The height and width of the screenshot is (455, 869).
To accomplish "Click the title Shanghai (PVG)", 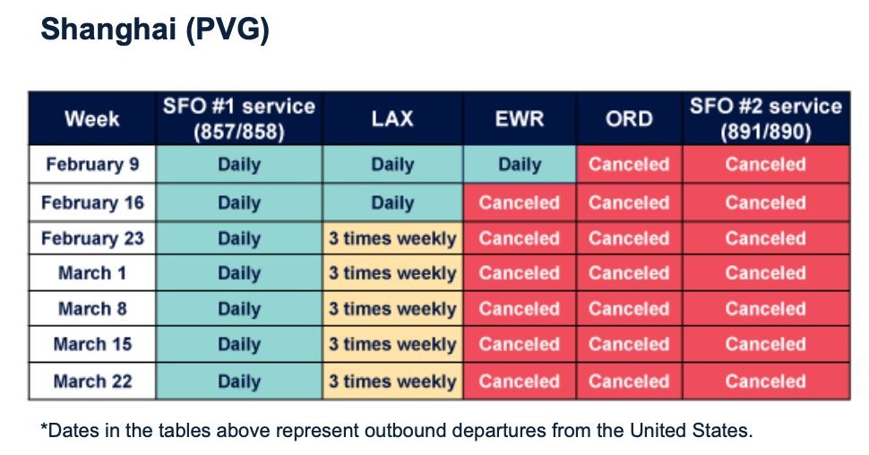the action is coord(155,30).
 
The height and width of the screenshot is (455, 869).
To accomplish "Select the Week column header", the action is coord(92,118).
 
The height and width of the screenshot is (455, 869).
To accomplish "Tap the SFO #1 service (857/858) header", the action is coord(239,118).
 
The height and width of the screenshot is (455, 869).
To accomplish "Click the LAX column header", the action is coord(392,118).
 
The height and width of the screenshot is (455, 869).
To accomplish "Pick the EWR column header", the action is coord(520,118).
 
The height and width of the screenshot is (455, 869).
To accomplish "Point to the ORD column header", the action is coord(629,118).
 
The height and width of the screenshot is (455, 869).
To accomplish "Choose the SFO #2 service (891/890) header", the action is coord(766,118).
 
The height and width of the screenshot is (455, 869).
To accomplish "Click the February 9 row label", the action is coord(92,164).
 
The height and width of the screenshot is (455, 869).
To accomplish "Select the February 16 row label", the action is coord(92,202).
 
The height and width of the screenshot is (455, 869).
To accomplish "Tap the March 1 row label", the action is coord(92,272).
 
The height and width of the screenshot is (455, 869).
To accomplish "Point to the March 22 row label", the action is coord(92,382).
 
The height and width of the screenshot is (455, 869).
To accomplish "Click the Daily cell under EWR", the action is coord(520,164).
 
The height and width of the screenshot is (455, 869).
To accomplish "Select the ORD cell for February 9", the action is coord(629,164).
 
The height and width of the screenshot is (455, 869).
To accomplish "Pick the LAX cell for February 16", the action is coord(392,202).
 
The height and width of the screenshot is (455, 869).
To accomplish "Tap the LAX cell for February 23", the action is coord(392,238).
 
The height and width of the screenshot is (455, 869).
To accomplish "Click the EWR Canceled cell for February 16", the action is coord(520,202).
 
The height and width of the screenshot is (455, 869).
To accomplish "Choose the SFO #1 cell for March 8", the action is coord(239,308).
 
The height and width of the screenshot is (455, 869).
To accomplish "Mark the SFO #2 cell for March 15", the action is coord(766,344).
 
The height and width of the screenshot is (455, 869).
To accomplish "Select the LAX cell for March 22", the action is coord(392,382).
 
